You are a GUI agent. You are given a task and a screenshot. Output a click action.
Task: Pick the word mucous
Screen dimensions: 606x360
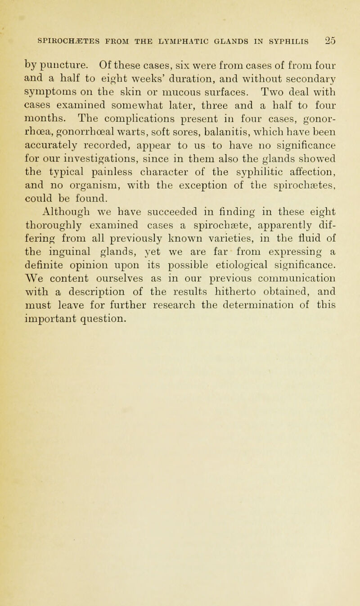pyautogui.click(x=193, y=86)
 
